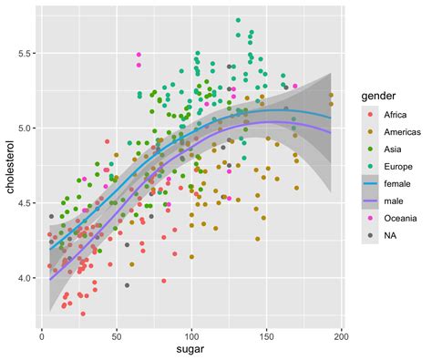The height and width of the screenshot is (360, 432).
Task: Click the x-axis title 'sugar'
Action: pyautogui.click(x=191, y=349)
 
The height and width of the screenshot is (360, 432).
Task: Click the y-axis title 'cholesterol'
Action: pyautogui.click(x=11, y=168)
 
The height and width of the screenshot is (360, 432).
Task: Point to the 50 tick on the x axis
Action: pyautogui.click(x=117, y=334)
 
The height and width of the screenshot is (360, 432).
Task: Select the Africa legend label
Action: pyautogui.click(x=394, y=115)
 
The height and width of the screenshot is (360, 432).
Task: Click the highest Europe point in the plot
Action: pyautogui.click(x=238, y=20)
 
